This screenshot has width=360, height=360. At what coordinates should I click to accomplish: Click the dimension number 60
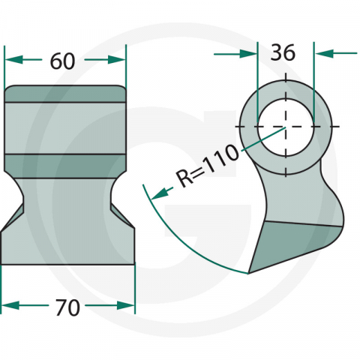coord(62,61)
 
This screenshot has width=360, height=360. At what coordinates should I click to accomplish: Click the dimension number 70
coord(67,307)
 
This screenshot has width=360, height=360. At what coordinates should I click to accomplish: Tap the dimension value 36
coord(283,52)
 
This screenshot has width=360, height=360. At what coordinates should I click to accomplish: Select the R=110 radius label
coord(207,166)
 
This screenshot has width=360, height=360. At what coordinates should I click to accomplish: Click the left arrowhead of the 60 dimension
coord(13,59)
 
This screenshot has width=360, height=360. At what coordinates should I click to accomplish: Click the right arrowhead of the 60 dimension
coord(116,59)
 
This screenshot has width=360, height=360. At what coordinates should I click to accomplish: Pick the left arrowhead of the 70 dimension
coord(10,305)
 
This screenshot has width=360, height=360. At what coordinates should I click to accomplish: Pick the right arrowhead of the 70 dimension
coord(126,305)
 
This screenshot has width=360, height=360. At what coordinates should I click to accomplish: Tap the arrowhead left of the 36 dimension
coord(248,53)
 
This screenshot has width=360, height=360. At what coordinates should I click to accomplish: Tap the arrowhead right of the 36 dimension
coord(324,53)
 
